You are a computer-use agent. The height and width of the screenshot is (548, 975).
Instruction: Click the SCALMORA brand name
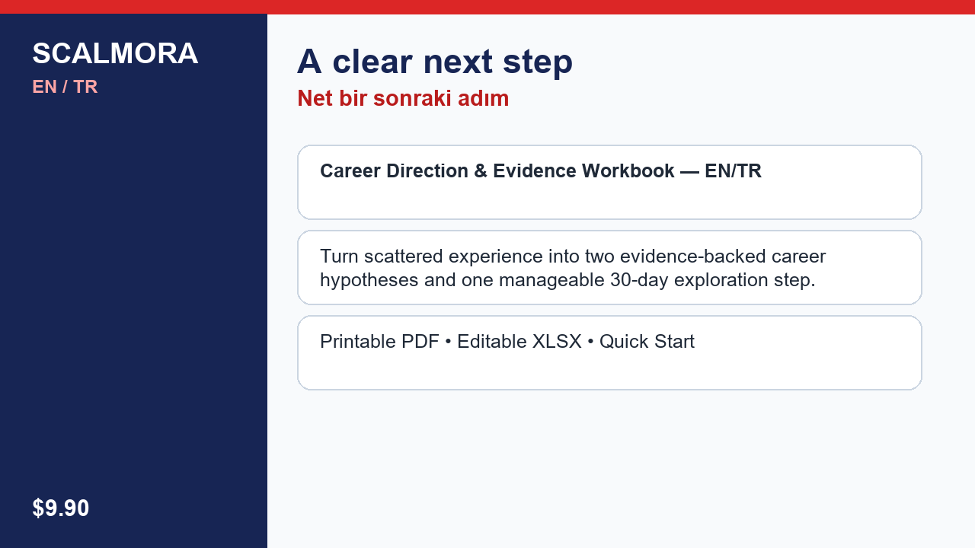coord(115,53)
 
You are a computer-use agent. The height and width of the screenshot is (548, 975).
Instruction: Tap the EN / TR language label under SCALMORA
coord(65,87)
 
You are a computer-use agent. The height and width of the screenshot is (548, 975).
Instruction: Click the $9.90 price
coord(60,508)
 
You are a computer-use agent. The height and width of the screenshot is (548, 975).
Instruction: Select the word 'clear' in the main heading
coord(372,62)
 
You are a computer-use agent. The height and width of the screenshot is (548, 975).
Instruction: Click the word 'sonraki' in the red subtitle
coord(413,98)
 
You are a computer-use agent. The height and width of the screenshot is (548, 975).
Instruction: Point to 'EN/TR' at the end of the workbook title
coord(733,171)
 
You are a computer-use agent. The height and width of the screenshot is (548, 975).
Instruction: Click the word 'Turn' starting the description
coord(339,256)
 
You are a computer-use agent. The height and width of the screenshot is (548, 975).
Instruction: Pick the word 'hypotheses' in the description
coord(369,280)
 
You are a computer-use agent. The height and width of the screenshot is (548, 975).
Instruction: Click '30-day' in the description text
coord(639,280)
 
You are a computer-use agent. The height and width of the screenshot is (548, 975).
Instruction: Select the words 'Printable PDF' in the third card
coord(379,342)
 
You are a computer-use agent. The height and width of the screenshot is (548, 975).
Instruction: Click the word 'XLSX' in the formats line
coord(557,342)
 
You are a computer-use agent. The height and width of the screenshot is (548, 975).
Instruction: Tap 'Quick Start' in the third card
coord(647,342)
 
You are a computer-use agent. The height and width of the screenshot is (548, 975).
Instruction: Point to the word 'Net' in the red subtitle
coord(315,98)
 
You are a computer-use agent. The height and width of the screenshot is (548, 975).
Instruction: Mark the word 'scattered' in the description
coord(404,256)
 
